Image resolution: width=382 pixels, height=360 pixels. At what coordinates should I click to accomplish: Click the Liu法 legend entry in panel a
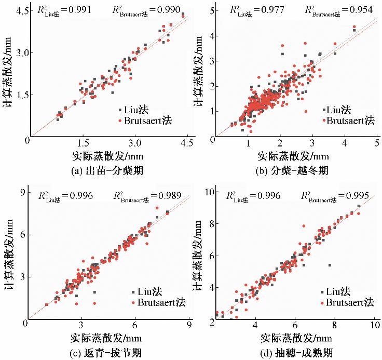(137, 110)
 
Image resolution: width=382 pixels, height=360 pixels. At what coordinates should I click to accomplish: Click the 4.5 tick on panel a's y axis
(18, 10)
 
